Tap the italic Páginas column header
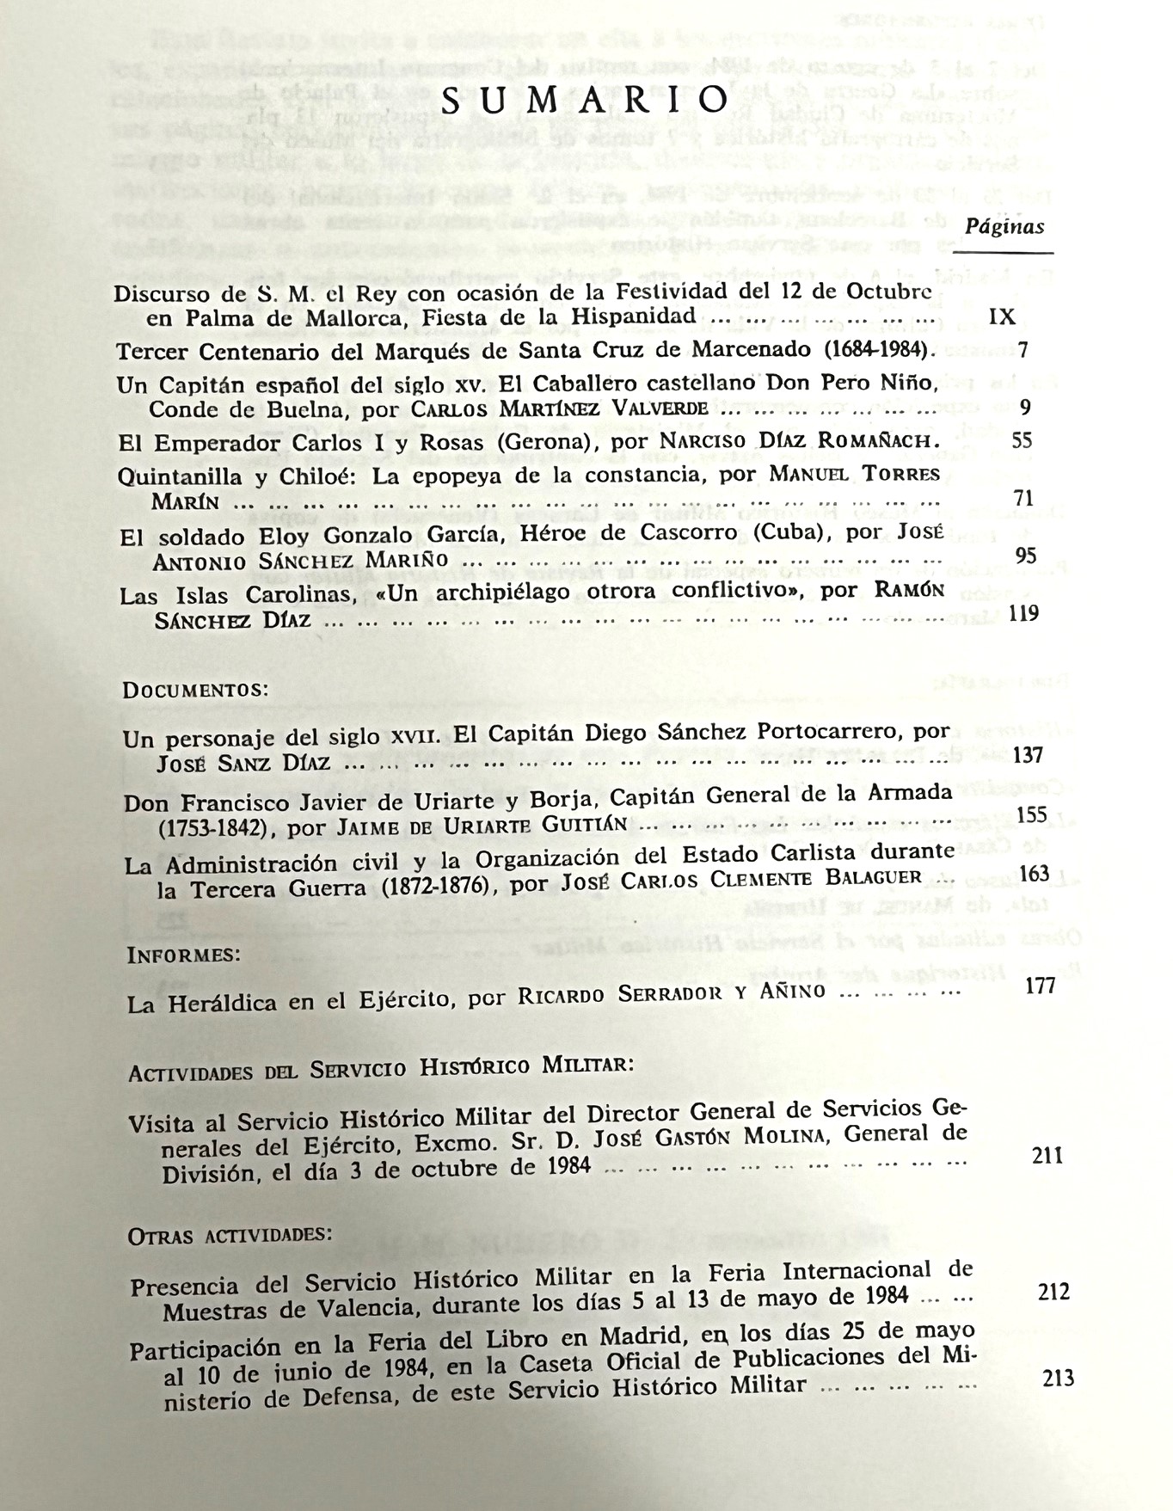[x=1004, y=226]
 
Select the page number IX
[x=1003, y=317]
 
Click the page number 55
[x=1022, y=440]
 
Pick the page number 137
[x=1029, y=755]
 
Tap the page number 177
[x=1040, y=986]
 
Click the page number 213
[x=1058, y=1379]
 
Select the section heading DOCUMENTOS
[x=196, y=690]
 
